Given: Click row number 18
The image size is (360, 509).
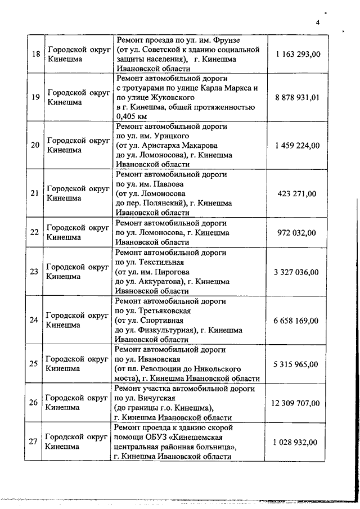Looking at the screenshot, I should tap(35, 54).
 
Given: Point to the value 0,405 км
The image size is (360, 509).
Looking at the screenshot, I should tap(130, 116).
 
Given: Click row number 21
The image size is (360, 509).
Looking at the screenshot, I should tap(35, 193).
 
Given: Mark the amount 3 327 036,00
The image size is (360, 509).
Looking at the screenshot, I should tap(296, 272).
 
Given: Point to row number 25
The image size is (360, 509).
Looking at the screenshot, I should tap(35, 363).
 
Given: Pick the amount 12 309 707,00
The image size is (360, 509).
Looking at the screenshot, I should tap(295, 403).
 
